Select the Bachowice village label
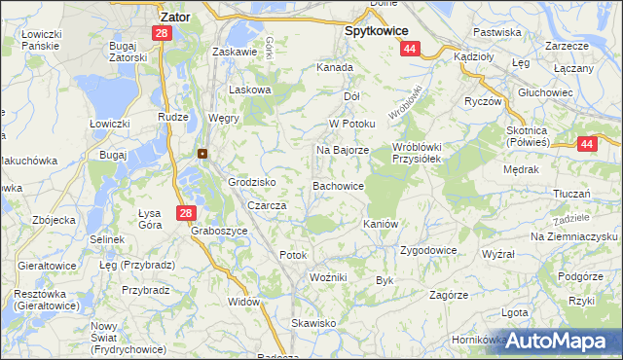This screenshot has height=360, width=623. point(338,185)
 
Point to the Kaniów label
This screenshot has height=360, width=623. point(382,224)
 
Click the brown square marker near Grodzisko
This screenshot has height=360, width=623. point(202,153)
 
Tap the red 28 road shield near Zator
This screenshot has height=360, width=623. point(161,33)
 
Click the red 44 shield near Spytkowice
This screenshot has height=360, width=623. point(410,49)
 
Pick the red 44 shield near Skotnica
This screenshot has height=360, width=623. point(586,144)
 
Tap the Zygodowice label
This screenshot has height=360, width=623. point(428,250)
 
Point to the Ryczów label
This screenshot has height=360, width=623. point(482,101)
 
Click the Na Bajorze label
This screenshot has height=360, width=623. point(342,151)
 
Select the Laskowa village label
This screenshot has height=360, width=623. point(248,90)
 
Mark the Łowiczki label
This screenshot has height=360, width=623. point(110,124)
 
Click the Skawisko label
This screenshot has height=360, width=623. point(313,323)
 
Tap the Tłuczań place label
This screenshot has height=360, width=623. point(573,194)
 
